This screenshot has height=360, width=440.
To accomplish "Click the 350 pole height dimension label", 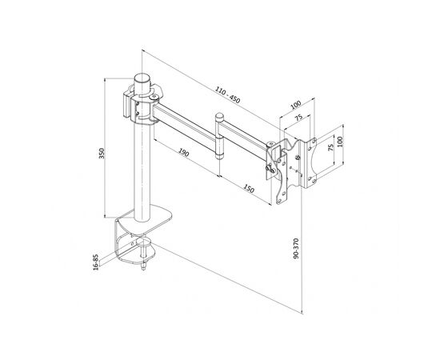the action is pos(102,154).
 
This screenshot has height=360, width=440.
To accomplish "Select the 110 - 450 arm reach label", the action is pos(228,95).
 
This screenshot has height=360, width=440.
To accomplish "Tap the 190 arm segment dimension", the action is pos(183,153).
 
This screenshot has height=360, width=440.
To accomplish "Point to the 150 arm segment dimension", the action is pos(248,189).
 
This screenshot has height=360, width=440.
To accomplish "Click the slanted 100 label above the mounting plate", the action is pos(295,105).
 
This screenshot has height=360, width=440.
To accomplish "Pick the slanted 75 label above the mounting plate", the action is pos(298,117).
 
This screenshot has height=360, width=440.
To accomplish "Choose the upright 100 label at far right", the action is pos(340,142).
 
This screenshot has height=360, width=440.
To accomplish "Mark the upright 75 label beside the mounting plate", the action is pos(330,147).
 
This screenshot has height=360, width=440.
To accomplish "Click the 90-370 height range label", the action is pos(296,248).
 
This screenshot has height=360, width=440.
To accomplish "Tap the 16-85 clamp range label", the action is pos(96,262).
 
